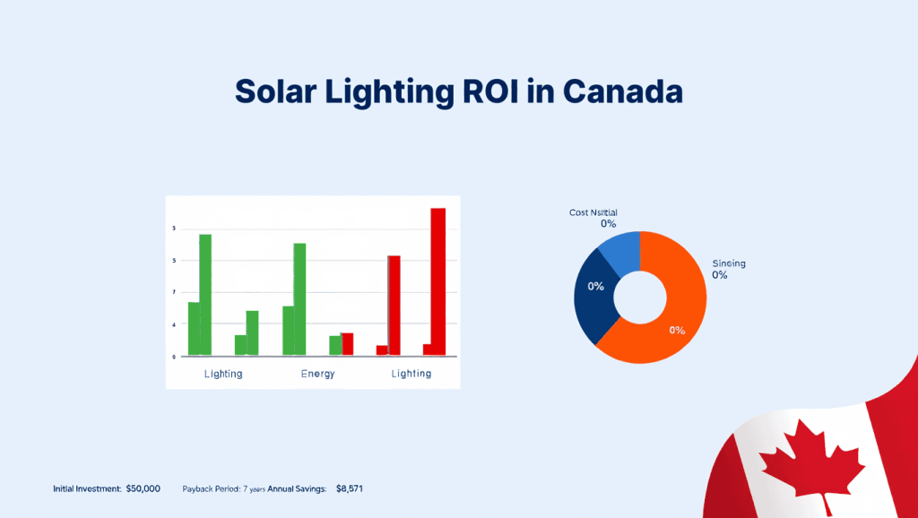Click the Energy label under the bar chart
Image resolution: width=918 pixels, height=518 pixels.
coord(317,374)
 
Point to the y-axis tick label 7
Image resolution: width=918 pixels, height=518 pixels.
coord(174,292)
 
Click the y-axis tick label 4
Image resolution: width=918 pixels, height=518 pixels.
coord(174,324)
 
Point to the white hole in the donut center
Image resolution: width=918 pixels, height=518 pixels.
coord(640,297)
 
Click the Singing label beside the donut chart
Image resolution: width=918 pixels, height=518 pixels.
coord(729,263)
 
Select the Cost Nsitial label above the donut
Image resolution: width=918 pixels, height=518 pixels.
coord(593,212)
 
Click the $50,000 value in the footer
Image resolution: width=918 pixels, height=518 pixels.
coord(143,488)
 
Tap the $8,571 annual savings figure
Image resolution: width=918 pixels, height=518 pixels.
coord(350,488)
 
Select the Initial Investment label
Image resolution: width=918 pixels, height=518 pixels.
coord(86,488)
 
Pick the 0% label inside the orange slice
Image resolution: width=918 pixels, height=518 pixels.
coord(677,330)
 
